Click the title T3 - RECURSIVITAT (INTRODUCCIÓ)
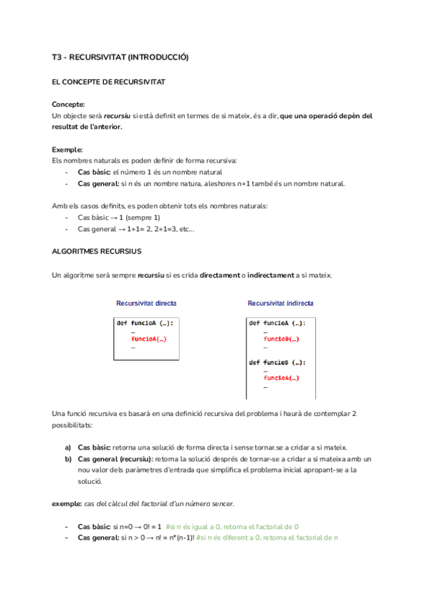point(120,57)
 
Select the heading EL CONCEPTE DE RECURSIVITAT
point(109,82)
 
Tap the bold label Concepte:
point(69,105)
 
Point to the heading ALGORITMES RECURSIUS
point(97,251)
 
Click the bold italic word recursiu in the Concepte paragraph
point(117,115)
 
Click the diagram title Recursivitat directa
point(146,303)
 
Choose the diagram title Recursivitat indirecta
point(280,303)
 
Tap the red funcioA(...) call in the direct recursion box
point(149,339)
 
